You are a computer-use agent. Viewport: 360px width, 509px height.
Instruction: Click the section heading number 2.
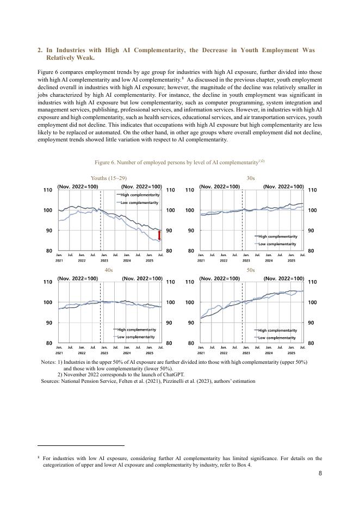[x=40, y=50]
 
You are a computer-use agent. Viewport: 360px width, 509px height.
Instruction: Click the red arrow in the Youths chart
[x=159, y=235]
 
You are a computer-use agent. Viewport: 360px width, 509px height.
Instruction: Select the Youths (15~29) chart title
[x=109, y=178]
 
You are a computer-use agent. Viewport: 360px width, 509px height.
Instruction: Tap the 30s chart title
[x=251, y=178]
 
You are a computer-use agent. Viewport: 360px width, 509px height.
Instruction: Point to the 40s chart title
[x=109, y=270]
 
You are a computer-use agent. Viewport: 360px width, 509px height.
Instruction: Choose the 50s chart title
[x=251, y=270]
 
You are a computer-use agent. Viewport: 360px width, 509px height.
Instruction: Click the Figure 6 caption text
[x=179, y=162]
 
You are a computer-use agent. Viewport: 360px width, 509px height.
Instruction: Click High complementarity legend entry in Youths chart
[x=139, y=195]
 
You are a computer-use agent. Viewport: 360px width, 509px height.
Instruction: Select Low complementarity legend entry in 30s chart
[x=277, y=244]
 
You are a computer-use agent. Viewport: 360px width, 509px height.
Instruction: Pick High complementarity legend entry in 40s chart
[x=136, y=330]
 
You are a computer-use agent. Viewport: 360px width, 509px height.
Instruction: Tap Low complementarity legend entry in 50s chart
[x=277, y=338]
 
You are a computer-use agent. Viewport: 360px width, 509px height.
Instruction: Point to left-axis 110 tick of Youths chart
[x=48, y=190]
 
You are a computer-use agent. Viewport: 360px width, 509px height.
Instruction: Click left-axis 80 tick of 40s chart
[x=48, y=343]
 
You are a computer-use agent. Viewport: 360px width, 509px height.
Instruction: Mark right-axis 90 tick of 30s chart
[x=312, y=231]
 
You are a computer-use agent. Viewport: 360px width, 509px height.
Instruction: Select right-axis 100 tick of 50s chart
[x=312, y=302]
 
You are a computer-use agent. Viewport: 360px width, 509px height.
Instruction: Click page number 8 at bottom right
[x=320, y=473]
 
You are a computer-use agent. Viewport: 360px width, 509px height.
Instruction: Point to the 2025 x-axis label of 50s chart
[x=291, y=353]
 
